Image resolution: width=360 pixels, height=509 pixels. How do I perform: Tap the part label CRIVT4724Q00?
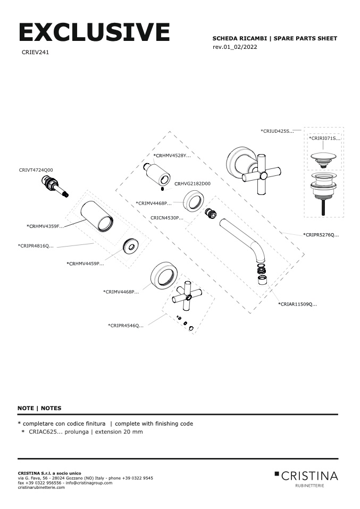pos(36,170)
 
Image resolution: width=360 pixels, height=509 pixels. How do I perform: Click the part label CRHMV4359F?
pos(45,226)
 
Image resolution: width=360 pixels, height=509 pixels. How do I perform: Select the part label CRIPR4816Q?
pos(36,246)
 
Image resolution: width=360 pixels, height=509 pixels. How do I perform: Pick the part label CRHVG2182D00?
pos(192,183)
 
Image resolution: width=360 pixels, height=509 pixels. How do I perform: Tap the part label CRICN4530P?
pos(167,218)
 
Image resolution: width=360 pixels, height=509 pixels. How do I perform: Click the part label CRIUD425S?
pos(277,131)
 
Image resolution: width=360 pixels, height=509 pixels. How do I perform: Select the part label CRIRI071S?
pos(324,138)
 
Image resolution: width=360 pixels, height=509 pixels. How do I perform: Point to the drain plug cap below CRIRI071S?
pos(323,157)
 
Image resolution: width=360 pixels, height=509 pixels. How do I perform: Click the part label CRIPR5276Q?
pos(321,234)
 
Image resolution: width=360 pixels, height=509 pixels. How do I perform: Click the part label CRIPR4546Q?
pos(126,325)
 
